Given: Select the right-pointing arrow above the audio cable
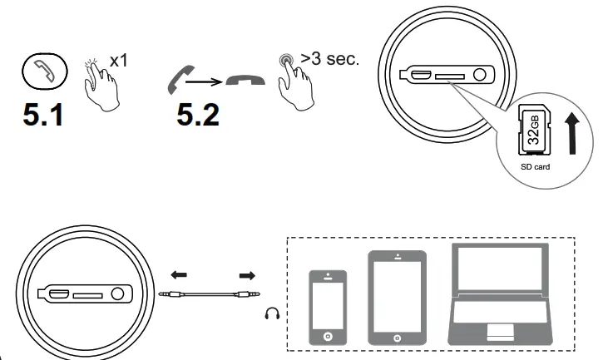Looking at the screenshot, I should point(246,274).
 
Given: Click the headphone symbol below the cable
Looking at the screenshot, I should point(270,313).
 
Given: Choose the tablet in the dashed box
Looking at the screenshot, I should point(398,298).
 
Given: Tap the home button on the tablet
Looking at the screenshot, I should point(398,338).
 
